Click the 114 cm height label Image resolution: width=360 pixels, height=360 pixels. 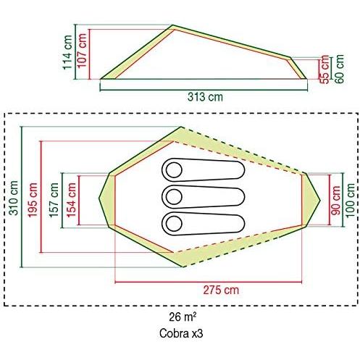pos(67,52)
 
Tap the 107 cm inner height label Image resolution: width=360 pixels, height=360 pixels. pos(82,51)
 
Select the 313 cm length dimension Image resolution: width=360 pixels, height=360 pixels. pos(205,97)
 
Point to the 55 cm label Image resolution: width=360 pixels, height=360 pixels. pos(325,70)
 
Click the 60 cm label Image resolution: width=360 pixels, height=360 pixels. pos(339,69)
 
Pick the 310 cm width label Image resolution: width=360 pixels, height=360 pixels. pos(14,198)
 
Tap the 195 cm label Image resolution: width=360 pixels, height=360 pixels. pos(33,200)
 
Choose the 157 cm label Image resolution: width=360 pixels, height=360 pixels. pos(54,200)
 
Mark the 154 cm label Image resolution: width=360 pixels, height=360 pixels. pos(72,200)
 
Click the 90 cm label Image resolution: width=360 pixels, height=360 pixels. pos(335,201)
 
